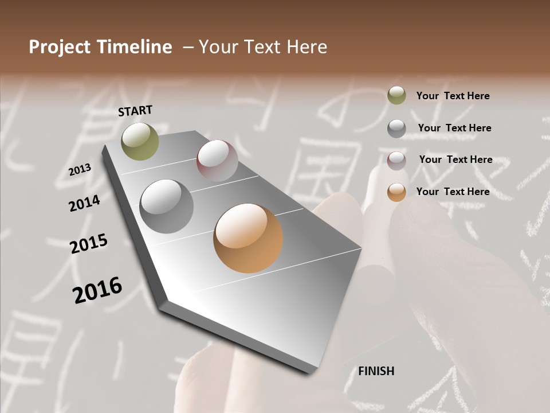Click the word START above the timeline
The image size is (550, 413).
(135, 111)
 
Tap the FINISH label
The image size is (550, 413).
(376, 371)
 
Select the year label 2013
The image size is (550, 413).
(80, 170)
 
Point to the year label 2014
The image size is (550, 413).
(84, 203)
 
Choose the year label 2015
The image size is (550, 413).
(89, 244)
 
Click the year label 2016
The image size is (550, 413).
(97, 290)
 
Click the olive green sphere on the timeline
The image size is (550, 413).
(140, 141)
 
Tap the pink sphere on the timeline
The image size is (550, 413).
(217, 161)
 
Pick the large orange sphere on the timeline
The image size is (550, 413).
(248, 238)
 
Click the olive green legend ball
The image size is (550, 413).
(396, 96)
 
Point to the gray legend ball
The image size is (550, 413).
(396, 128)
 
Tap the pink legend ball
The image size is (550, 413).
(396, 160)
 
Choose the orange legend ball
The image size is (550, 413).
(396, 192)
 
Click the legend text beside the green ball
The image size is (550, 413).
(453, 96)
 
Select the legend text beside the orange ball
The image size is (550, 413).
(453, 192)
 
